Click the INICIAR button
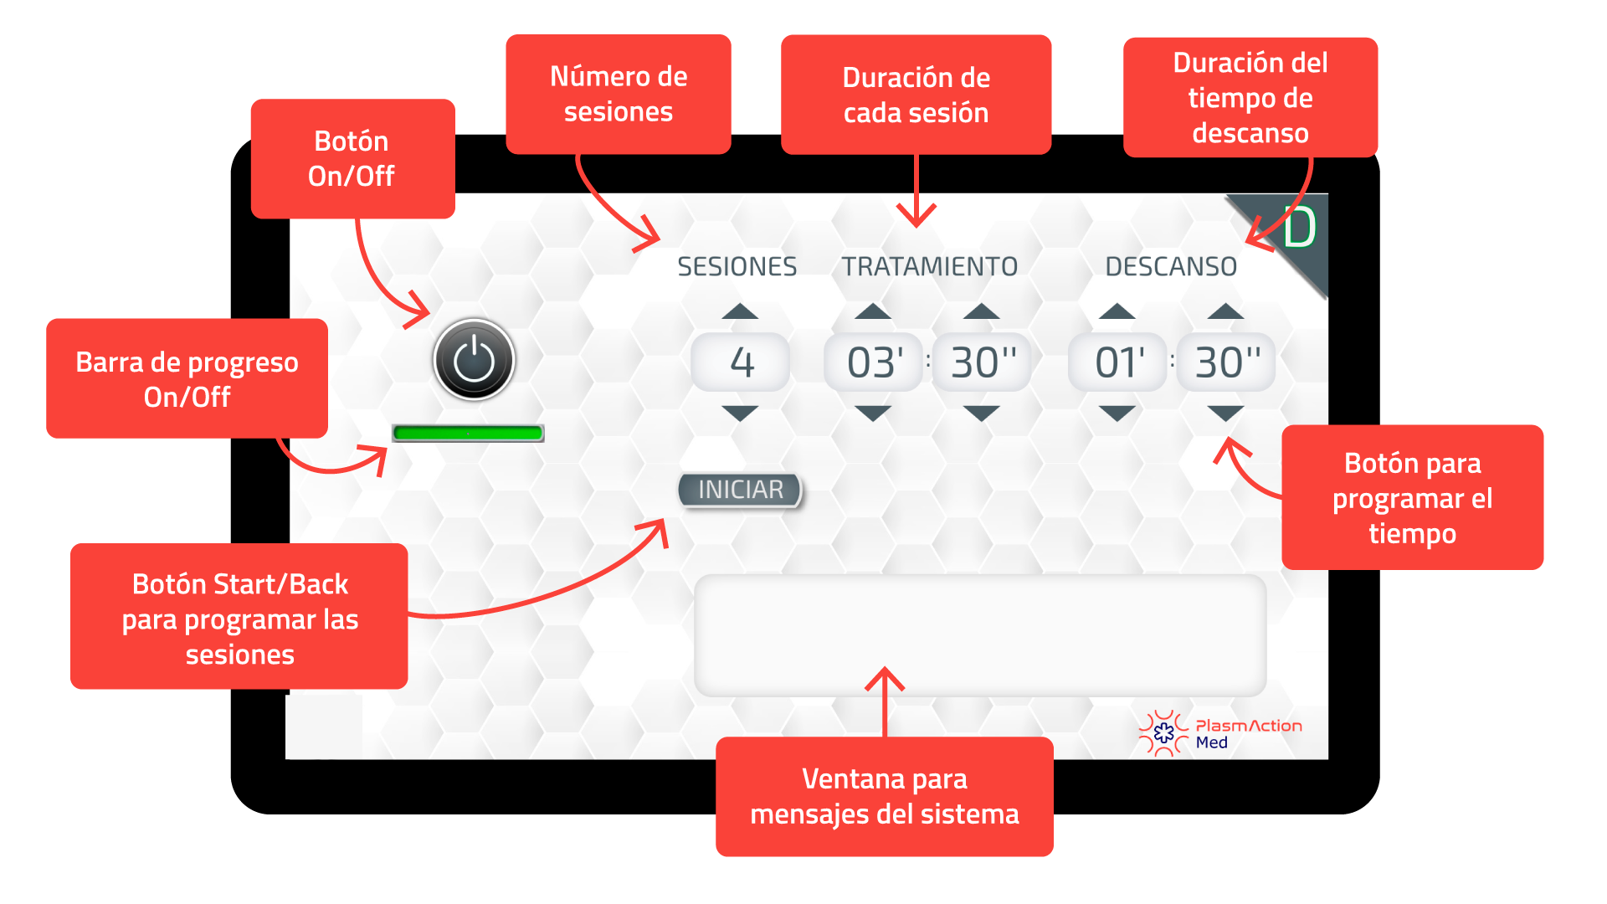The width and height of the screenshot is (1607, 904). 740,491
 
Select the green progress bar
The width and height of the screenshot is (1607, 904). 468,433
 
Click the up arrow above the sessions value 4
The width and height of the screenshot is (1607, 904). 740,312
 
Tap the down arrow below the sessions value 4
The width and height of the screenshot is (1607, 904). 740,413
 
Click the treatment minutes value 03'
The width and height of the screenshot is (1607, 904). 873,362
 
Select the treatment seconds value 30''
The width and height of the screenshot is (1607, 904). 982,362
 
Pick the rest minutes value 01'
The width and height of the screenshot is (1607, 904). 1117,362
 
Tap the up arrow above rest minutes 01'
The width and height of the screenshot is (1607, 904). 1117,312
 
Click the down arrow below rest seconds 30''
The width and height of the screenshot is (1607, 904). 1226,413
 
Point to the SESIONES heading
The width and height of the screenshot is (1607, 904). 737,266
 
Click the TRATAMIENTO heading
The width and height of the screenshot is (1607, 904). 929,266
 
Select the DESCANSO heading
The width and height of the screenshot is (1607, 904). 1171,266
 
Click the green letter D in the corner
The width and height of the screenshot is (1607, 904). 1300,228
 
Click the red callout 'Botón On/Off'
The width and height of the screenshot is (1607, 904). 352,158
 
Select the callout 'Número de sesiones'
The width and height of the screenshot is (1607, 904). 619,94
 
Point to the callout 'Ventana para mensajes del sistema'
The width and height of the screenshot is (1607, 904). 885,796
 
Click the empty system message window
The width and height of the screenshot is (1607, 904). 980,634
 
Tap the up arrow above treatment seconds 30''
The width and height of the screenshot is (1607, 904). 982,312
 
